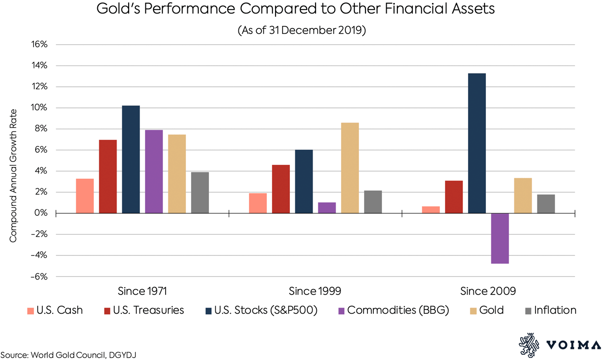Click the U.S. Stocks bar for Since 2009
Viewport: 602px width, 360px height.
point(477,143)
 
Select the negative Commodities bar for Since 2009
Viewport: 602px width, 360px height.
point(500,239)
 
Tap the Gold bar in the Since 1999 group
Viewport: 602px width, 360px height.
point(350,168)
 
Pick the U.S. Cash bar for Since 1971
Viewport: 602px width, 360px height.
point(85,196)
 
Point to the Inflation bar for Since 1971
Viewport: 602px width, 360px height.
point(200,193)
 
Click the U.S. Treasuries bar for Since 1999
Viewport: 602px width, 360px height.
point(281,189)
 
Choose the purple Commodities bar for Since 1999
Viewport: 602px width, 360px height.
point(327,208)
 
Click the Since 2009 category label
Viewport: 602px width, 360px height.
point(488,291)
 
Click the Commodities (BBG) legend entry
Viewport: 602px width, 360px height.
point(398,310)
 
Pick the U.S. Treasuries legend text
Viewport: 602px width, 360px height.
point(148,310)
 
